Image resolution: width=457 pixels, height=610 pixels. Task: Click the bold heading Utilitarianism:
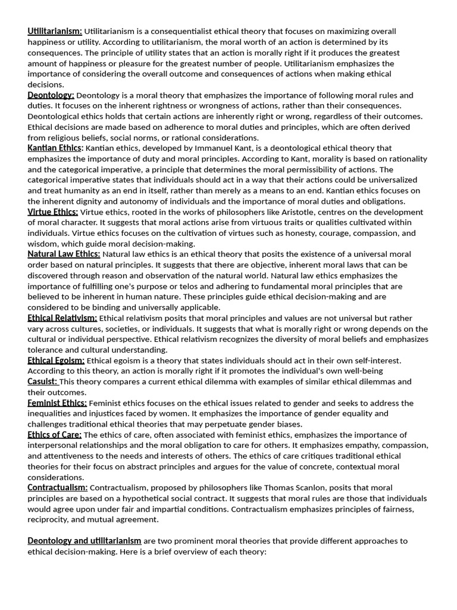coord(55,31)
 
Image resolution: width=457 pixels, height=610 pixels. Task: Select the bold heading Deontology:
coord(51,95)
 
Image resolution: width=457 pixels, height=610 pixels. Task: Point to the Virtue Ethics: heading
coord(52,212)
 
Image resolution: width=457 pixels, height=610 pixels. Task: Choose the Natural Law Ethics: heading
coord(64,254)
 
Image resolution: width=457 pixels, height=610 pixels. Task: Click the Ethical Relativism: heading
coord(62,318)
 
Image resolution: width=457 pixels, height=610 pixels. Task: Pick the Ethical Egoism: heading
coord(56,360)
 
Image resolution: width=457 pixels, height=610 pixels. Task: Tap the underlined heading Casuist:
coord(42,382)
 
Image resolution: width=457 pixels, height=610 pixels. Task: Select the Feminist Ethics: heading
coord(57,403)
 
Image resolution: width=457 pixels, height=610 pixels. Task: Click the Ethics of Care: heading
coord(54,435)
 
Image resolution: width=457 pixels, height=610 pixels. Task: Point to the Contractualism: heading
coord(57,488)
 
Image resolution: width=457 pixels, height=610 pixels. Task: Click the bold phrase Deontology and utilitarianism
coord(84,541)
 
